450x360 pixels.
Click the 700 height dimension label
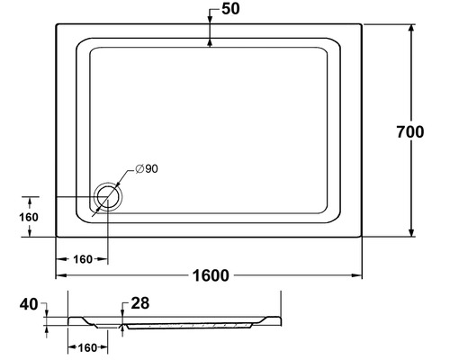coord(409,131)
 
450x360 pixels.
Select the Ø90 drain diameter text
coord(147,170)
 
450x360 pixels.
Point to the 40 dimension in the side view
coord(30,305)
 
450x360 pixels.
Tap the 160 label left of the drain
coord(28,217)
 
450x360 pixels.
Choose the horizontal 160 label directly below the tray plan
coord(83,259)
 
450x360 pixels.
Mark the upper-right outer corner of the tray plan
coord(363,23)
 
